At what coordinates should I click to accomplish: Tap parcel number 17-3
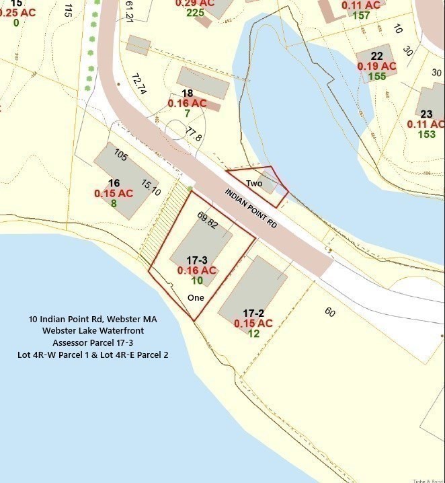tap(196, 258)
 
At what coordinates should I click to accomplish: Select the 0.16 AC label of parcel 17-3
tap(196, 270)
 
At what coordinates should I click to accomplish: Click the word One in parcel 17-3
tap(196, 297)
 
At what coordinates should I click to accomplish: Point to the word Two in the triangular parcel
tap(254, 184)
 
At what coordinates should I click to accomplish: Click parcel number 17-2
tap(253, 313)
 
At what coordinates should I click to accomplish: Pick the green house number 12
tap(253, 334)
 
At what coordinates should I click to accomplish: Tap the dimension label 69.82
tap(207, 219)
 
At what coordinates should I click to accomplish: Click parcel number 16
tap(114, 183)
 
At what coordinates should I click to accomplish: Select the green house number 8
tap(114, 203)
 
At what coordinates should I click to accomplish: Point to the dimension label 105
tap(120, 155)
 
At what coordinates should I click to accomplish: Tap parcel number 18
tap(187, 94)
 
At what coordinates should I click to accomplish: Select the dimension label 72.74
tap(140, 84)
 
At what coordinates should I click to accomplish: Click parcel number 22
tap(377, 55)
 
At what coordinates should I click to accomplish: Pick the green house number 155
tap(377, 76)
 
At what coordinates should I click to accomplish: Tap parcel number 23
tap(426, 114)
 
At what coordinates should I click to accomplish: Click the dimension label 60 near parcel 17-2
tap(329, 311)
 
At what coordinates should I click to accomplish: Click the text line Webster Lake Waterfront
tap(93, 330)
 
